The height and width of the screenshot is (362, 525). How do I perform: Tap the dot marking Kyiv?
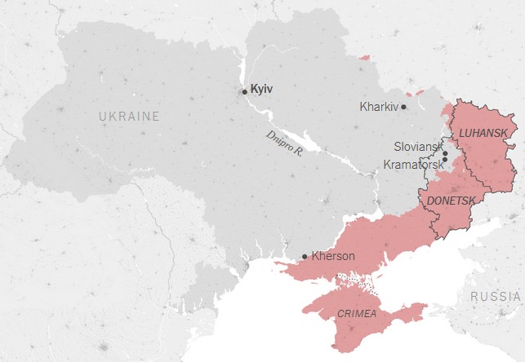pos(244,91)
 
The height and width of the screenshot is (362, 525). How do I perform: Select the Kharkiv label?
pos(379,107)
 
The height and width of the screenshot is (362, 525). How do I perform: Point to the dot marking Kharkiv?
pos(403,107)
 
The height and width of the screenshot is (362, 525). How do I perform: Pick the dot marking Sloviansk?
pos(445,153)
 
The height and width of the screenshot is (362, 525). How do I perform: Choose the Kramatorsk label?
pos(412,164)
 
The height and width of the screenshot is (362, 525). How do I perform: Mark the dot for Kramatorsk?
pos(445,160)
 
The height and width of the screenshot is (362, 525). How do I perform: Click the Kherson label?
pos(333,256)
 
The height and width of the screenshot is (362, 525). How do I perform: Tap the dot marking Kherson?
pos(305,257)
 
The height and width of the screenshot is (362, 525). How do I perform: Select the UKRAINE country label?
pos(129,117)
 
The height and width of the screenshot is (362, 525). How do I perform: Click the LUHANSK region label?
pos(483,132)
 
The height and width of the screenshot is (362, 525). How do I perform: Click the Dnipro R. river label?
pos(284,143)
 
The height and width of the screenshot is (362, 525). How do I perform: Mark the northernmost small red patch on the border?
pos(364,57)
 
